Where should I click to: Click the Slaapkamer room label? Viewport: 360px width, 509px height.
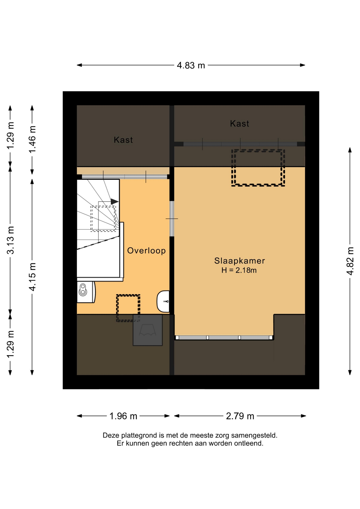239,261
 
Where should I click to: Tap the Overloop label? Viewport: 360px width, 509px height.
146,251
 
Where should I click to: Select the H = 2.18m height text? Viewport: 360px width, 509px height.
239,270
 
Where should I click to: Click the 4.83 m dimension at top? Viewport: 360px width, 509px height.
191,65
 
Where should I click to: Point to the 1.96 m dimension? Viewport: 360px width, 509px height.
123,416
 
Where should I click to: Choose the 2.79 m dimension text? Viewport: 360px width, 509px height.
240,416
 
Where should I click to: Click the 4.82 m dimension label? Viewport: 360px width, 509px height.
350,261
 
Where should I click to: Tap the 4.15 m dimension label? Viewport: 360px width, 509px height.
32,277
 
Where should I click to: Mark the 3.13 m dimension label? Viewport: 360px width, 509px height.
10,240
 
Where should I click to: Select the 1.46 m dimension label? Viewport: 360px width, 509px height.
32,139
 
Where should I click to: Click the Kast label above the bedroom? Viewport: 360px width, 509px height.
239,124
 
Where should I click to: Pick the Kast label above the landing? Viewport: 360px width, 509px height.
123,140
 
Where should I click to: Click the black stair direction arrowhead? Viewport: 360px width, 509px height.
115,201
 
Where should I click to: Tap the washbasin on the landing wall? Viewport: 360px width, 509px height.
163,301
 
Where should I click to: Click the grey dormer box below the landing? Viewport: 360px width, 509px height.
148,330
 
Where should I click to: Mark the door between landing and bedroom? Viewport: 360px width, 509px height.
172,219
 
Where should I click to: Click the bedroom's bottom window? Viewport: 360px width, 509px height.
224,337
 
